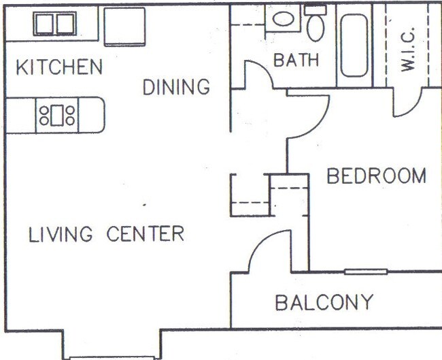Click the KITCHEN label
59,67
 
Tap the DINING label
176,87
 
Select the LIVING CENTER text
106,234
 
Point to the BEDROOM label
376,176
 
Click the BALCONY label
324,302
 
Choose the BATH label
296,60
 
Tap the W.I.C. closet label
407,53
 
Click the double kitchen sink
54,24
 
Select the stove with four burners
57,114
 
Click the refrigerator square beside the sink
124,26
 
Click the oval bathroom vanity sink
281,19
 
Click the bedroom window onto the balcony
365,272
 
